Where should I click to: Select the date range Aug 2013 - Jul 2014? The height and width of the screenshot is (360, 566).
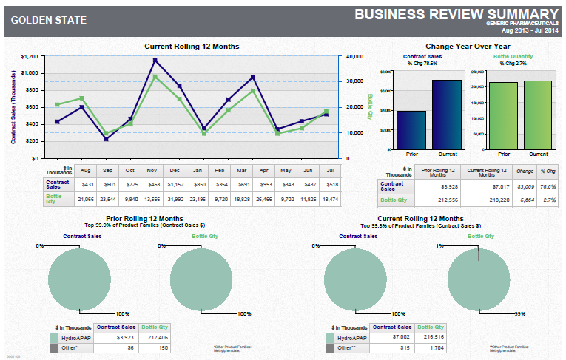(x=528, y=30)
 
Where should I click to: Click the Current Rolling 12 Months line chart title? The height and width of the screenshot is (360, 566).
(x=192, y=47)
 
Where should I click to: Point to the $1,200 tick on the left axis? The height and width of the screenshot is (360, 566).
(x=30, y=56)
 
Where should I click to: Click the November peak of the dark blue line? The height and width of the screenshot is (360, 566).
(x=155, y=61)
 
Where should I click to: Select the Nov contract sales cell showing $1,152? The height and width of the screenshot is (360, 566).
(x=155, y=183)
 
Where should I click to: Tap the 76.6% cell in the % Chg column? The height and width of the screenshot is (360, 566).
(x=548, y=186)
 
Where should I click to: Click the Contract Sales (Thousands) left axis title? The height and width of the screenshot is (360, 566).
(x=14, y=107)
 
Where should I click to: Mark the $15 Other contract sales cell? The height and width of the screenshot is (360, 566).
(x=393, y=347)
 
